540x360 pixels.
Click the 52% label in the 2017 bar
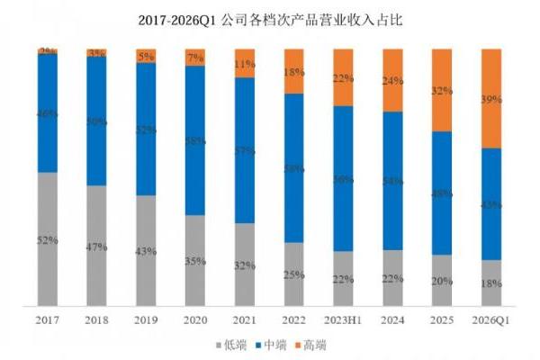(x=48, y=240)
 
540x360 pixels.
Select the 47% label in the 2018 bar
(x=96, y=247)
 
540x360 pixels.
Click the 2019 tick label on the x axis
(x=146, y=319)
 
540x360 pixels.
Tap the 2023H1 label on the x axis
(x=342, y=319)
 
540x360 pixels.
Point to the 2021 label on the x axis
(x=244, y=319)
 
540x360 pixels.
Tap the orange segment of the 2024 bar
(x=391, y=80)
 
